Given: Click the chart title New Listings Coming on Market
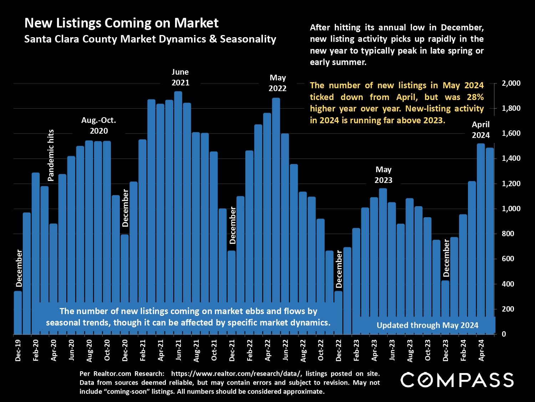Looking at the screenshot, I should [x=121, y=23].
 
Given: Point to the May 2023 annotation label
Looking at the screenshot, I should [x=383, y=175].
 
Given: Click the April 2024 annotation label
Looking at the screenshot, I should [x=480, y=130].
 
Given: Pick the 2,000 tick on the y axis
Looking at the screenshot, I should [x=511, y=83].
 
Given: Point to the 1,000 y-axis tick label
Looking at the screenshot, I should [x=511, y=209].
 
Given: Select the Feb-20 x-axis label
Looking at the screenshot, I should [x=36, y=350].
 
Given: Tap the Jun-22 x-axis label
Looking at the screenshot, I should [x=285, y=350].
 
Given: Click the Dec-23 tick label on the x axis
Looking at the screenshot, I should [x=445, y=350].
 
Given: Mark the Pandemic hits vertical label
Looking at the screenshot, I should [x=51, y=155].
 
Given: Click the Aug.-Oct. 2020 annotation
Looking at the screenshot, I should [x=99, y=125].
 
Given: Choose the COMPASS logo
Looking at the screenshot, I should [x=457, y=380].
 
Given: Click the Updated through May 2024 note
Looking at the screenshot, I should [x=427, y=325].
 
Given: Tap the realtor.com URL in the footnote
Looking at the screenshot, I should [x=235, y=374].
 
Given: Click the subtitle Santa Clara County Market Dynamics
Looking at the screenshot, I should [x=150, y=39].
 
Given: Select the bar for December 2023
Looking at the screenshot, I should [x=445, y=307].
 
